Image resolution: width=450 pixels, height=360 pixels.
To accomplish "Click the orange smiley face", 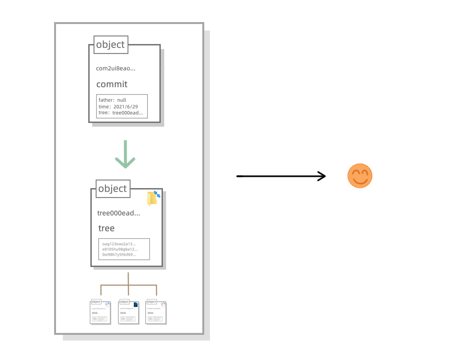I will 360,176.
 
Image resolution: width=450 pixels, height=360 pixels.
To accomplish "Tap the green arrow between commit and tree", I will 125,154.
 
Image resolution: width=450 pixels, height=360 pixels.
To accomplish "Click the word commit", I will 112,84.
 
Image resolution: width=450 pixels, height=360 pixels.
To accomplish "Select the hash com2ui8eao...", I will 115,69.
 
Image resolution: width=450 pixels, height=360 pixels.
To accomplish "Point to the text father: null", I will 112,100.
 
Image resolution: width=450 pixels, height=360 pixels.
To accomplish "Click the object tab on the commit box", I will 110,45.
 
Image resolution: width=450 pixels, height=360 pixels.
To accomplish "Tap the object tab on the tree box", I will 113,189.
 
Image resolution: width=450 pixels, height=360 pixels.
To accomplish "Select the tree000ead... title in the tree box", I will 119,213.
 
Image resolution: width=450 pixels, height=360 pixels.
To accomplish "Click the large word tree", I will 106,228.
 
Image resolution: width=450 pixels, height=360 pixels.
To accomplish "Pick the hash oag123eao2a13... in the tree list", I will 119,244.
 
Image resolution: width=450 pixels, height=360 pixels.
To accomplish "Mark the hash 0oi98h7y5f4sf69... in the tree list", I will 119,254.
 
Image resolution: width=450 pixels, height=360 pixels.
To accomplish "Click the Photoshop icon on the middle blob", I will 136,305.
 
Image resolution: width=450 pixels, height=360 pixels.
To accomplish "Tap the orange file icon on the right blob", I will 163,305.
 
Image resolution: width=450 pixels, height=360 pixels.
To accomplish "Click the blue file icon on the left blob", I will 107,305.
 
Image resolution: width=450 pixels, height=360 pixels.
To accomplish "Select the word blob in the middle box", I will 123,313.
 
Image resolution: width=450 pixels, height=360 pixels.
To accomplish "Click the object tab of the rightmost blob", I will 152,302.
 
